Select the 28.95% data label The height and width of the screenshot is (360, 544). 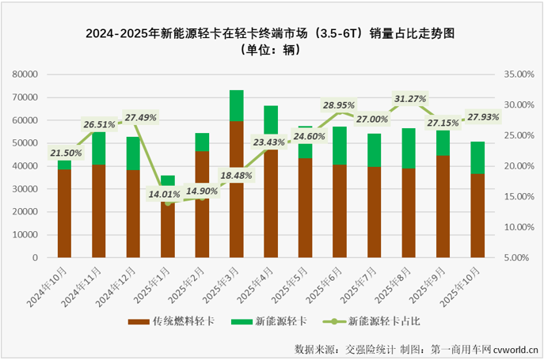coord(338,104)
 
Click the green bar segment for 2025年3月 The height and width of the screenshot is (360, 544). coord(236,105)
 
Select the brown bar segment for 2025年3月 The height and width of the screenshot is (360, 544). coord(236,189)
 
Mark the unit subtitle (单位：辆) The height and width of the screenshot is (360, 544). coord(272,49)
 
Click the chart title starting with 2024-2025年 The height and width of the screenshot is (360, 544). coord(272,33)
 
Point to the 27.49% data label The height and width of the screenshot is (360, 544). coord(139,117)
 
